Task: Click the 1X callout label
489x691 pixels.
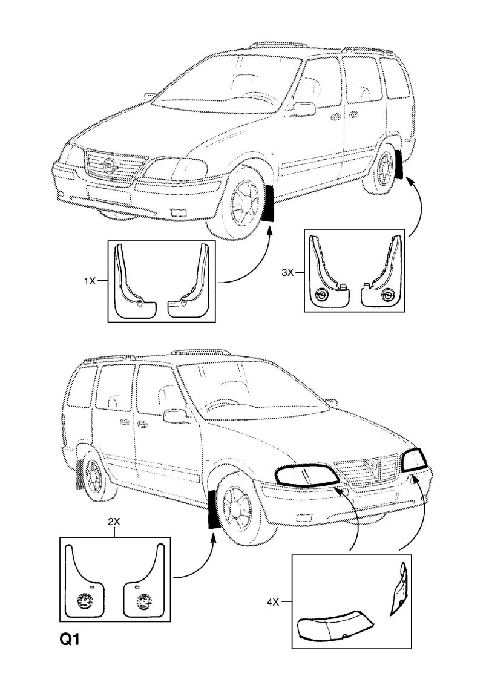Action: coord(90,280)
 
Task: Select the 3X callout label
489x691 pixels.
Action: coord(287,273)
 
